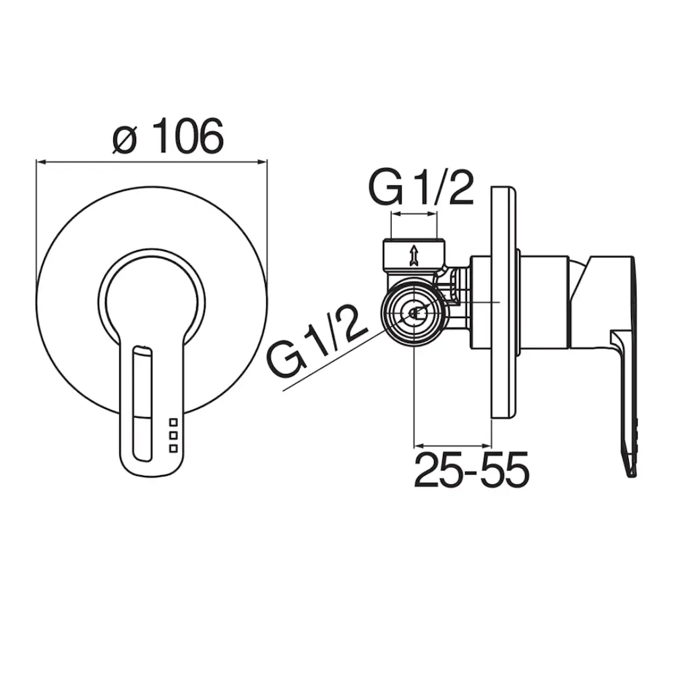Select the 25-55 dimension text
tap(471, 470)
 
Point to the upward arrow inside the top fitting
tap(414, 255)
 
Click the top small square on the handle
tap(173, 422)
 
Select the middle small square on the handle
tap(173, 435)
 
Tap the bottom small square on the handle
tap(173, 448)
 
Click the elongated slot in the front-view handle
tap(144, 404)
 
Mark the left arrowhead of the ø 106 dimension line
tap(40, 162)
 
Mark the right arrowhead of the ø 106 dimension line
tap(264, 162)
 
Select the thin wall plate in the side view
tap(505, 303)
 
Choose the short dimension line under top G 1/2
tap(414, 214)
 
